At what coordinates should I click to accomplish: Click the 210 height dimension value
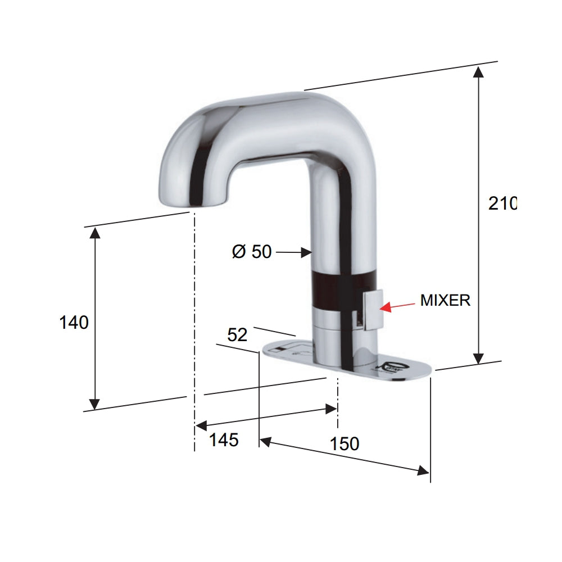point(502,203)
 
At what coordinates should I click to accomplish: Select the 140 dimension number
point(74,323)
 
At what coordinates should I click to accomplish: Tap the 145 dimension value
point(224,439)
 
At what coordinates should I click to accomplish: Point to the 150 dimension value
point(345,443)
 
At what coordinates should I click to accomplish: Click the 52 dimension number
point(237,335)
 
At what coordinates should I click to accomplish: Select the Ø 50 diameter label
point(252,252)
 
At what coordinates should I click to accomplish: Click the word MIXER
point(445,300)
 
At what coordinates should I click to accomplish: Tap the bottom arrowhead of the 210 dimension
point(478,358)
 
